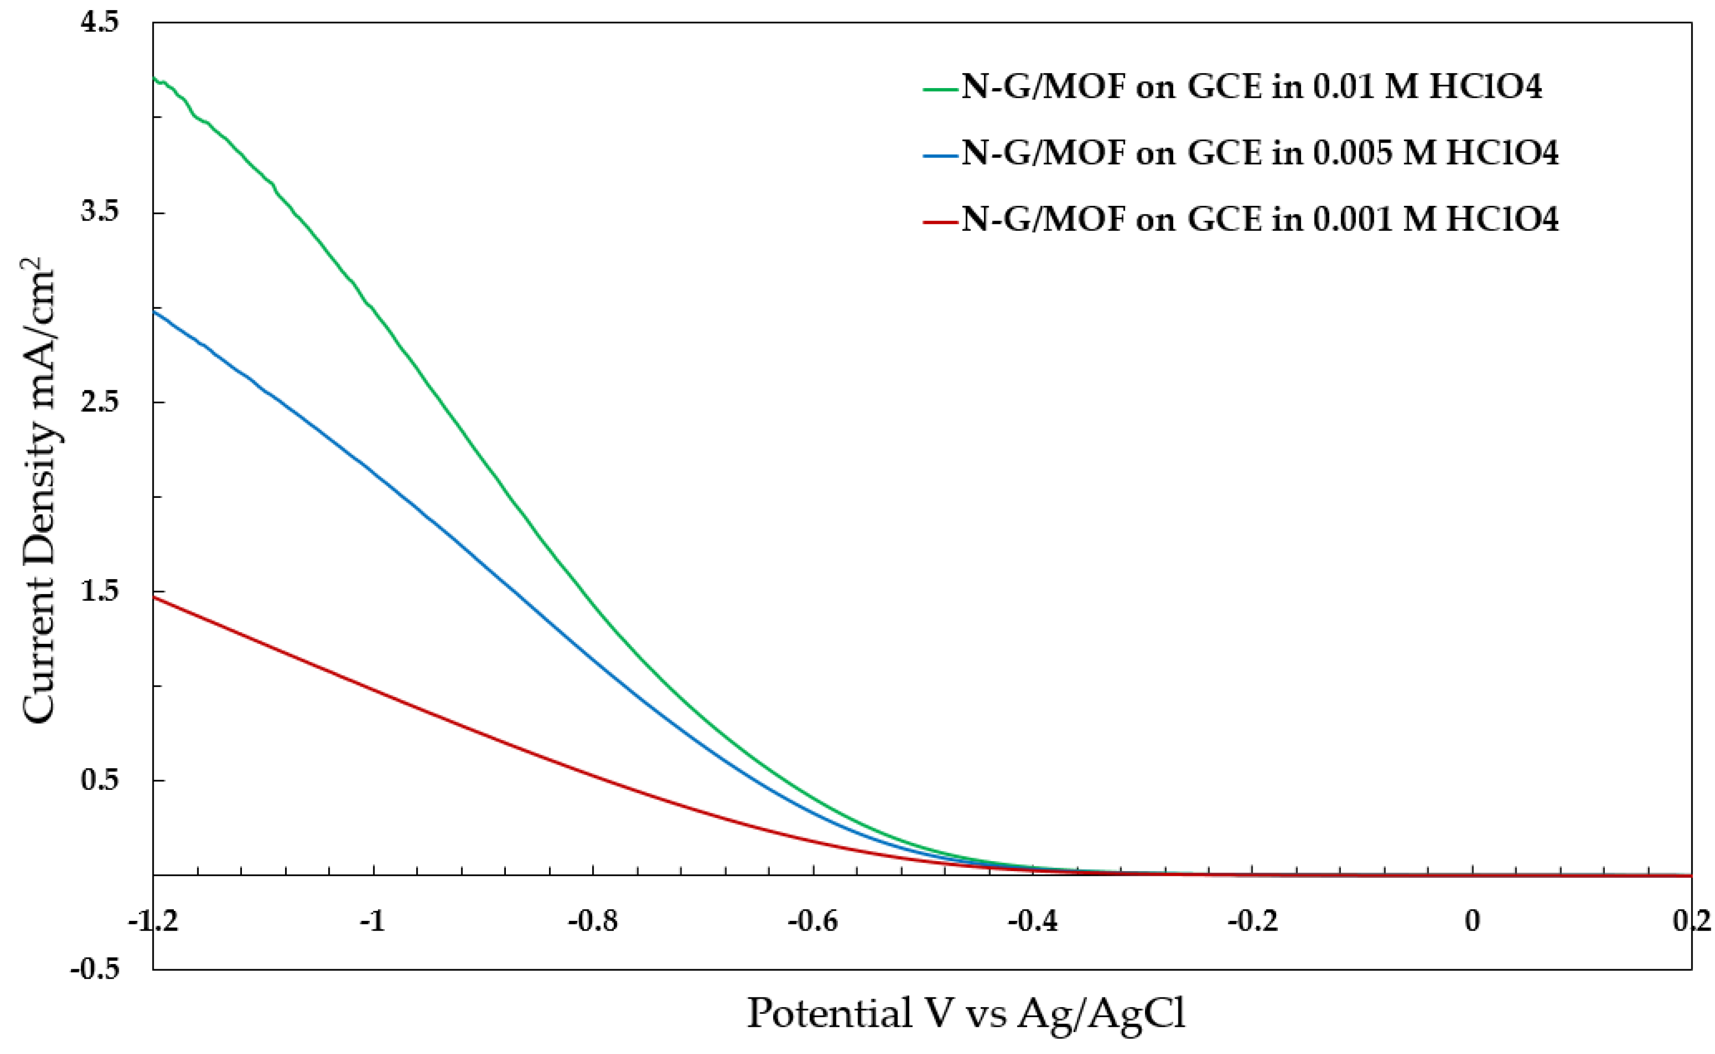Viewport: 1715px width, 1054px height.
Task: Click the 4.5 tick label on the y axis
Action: tap(100, 23)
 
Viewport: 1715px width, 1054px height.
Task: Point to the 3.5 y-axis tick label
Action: tap(100, 212)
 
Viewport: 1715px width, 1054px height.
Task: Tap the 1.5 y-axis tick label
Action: tap(100, 591)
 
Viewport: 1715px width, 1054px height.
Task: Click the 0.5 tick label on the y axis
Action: tap(100, 780)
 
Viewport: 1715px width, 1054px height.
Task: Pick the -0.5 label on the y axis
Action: tap(95, 970)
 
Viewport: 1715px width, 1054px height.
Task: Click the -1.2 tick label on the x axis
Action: tap(153, 921)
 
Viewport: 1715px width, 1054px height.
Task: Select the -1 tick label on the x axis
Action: tap(373, 921)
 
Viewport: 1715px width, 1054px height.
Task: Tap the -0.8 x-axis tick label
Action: tap(593, 921)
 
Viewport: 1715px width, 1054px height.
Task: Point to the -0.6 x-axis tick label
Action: tap(812, 921)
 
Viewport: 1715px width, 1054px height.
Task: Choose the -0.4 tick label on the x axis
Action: tap(1032, 921)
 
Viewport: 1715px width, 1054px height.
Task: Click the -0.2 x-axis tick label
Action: tap(1253, 921)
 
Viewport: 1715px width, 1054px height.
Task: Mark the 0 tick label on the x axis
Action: tap(1472, 921)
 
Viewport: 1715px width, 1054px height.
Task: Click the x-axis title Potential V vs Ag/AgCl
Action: tap(966, 1014)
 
